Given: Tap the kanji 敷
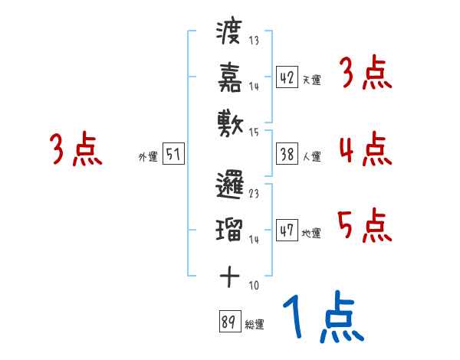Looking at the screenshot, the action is [x=230, y=119].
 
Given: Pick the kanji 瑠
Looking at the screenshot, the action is [x=230, y=228].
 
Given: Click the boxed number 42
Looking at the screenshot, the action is [x=287, y=77].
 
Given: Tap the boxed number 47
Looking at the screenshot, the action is [x=287, y=230].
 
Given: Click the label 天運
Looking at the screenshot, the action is [x=311, y=80].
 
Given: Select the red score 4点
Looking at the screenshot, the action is [x=365, y=149].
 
